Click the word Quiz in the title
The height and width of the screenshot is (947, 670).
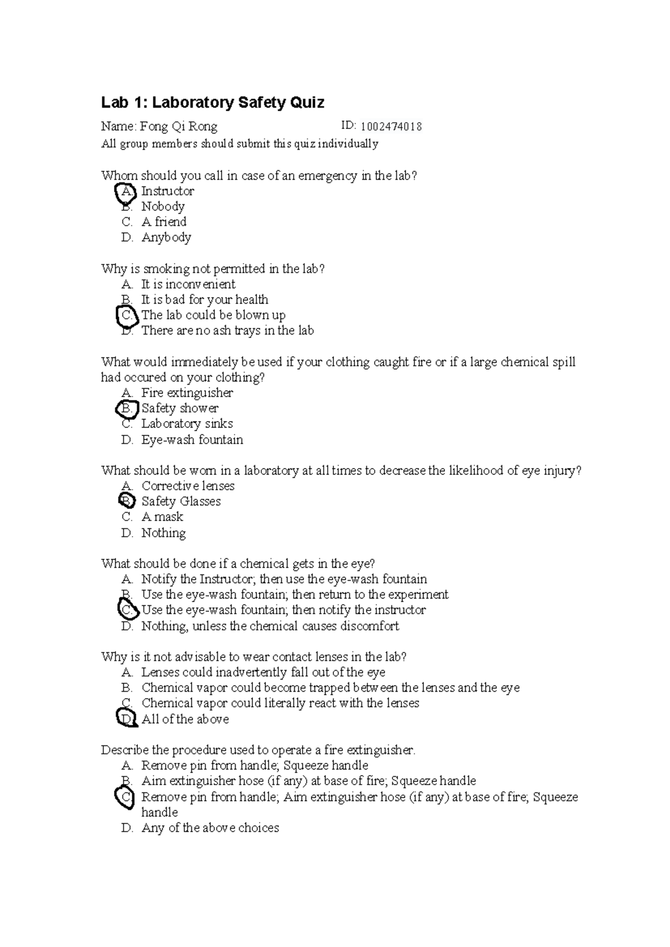coord(305,103)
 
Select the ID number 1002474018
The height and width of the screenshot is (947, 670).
coord(391,127)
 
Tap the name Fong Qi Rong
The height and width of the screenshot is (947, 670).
coord(179,127)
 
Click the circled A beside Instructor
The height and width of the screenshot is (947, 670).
coord(126,192)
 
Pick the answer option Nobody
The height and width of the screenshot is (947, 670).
coord(162,207)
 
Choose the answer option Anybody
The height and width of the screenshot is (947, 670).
coord(166,237)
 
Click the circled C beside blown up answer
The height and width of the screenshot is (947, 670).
coord(127,315)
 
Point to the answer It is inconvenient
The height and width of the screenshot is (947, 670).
coord(188,284)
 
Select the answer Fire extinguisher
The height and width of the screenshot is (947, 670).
coord(187,393)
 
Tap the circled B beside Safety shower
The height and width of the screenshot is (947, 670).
coord(127,409)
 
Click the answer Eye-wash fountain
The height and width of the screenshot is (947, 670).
coord(192,440)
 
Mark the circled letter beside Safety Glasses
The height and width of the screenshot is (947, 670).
coord(127,501)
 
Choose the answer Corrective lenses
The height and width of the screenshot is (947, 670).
coord(188,486)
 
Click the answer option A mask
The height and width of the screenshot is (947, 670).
coord(162,517)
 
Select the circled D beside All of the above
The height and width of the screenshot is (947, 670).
coord(127,719)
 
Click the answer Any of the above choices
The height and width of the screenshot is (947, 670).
coord(210,828)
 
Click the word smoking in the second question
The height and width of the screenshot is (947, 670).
coord(166,269)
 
